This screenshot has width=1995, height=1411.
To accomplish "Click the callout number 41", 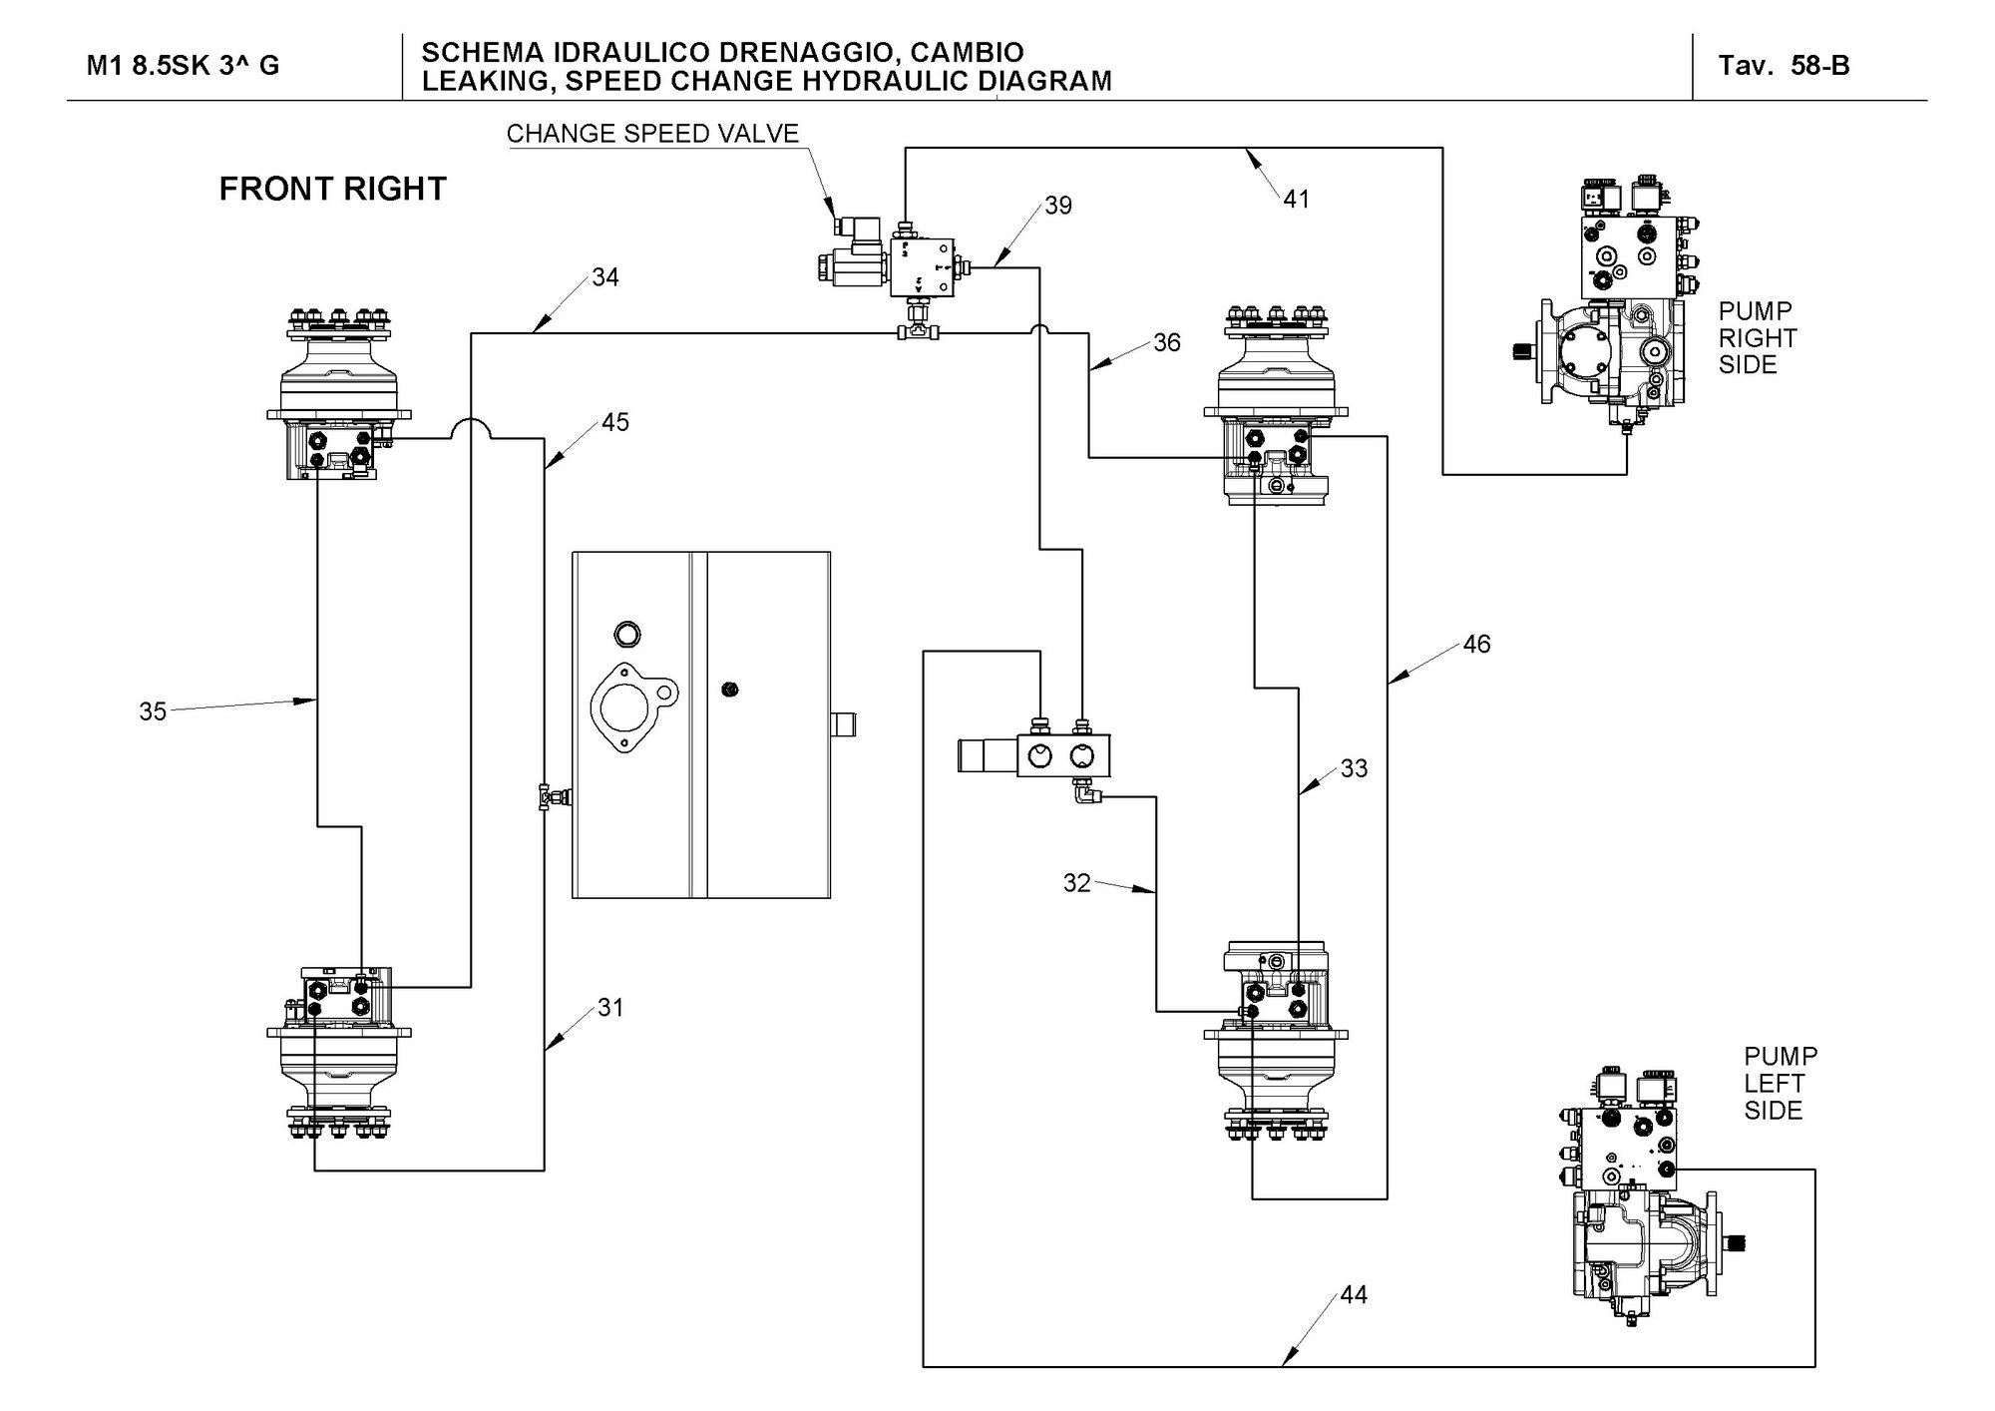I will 1296,200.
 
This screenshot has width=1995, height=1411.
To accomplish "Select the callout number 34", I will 605,277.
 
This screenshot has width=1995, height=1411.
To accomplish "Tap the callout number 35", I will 153,711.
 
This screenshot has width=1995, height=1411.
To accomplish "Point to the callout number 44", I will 1354,1295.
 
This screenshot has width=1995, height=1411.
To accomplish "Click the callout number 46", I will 1476,645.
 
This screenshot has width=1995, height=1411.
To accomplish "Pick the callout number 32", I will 1077,883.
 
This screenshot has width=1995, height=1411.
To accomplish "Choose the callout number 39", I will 1058,206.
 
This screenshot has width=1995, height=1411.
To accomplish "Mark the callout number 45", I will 615,423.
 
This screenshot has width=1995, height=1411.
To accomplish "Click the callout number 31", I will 610,1008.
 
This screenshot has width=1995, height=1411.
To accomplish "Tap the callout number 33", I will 1354,769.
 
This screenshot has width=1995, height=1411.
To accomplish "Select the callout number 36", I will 1167,343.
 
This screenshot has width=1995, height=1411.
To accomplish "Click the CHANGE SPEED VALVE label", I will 652,134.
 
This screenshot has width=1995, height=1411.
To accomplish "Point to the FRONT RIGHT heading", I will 332,190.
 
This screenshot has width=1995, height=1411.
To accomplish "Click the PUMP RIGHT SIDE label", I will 1757,338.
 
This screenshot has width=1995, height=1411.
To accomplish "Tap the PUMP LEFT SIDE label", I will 1781,1083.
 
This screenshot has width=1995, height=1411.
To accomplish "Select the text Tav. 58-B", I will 1784,66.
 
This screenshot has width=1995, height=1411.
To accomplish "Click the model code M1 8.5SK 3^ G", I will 183,66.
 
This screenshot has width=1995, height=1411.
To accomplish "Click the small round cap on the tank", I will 628,634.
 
